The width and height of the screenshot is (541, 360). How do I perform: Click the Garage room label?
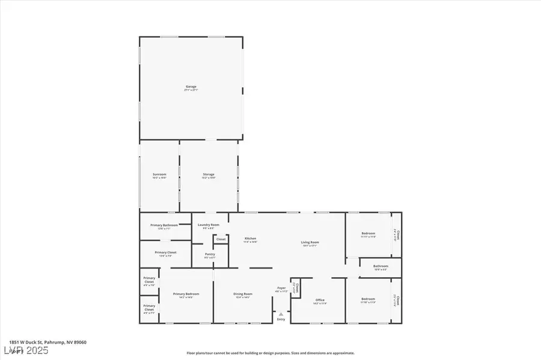point(191,87)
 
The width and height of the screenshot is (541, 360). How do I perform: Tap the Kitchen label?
point(250,239)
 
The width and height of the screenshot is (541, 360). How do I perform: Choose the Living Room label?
point(310,243)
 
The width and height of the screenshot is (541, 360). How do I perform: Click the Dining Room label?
point(243,294)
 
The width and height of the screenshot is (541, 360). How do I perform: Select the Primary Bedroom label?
point(186,294)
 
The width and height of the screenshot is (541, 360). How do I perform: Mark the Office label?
point(320,301)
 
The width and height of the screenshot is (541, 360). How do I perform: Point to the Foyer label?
point(281,289)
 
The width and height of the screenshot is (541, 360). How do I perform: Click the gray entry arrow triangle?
point(281,314)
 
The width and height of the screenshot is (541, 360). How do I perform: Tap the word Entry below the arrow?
point(281,319)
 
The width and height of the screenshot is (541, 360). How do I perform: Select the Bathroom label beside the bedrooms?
point(381,267)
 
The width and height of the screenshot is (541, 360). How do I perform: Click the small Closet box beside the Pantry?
point(221,239)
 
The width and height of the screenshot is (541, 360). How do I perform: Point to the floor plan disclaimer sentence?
point(270,353)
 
